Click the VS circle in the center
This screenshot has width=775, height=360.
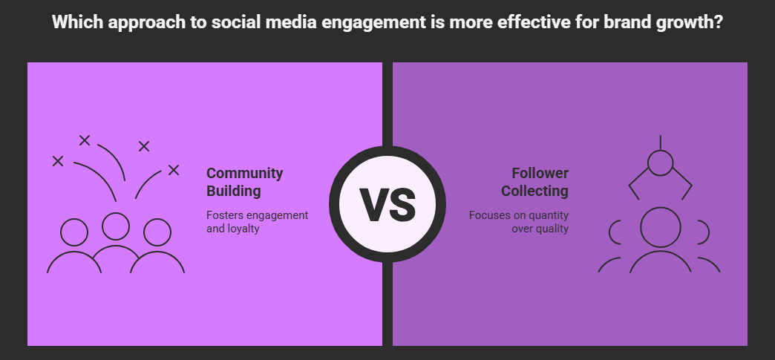[387, 203]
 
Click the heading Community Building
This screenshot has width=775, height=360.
[245, 182]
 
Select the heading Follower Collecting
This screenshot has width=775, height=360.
[534, 182]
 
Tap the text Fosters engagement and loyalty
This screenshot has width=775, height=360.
[257, 222]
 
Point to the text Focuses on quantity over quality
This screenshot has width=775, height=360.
[518, 222]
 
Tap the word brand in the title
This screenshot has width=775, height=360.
[626, 22]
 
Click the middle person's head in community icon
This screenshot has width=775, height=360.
[116, 226]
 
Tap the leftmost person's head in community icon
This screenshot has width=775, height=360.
[74, 232]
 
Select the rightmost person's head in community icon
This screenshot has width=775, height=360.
[157, 232]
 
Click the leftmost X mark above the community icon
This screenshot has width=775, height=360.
[58, 161]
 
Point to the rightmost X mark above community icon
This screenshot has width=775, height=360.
[174, 170]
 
